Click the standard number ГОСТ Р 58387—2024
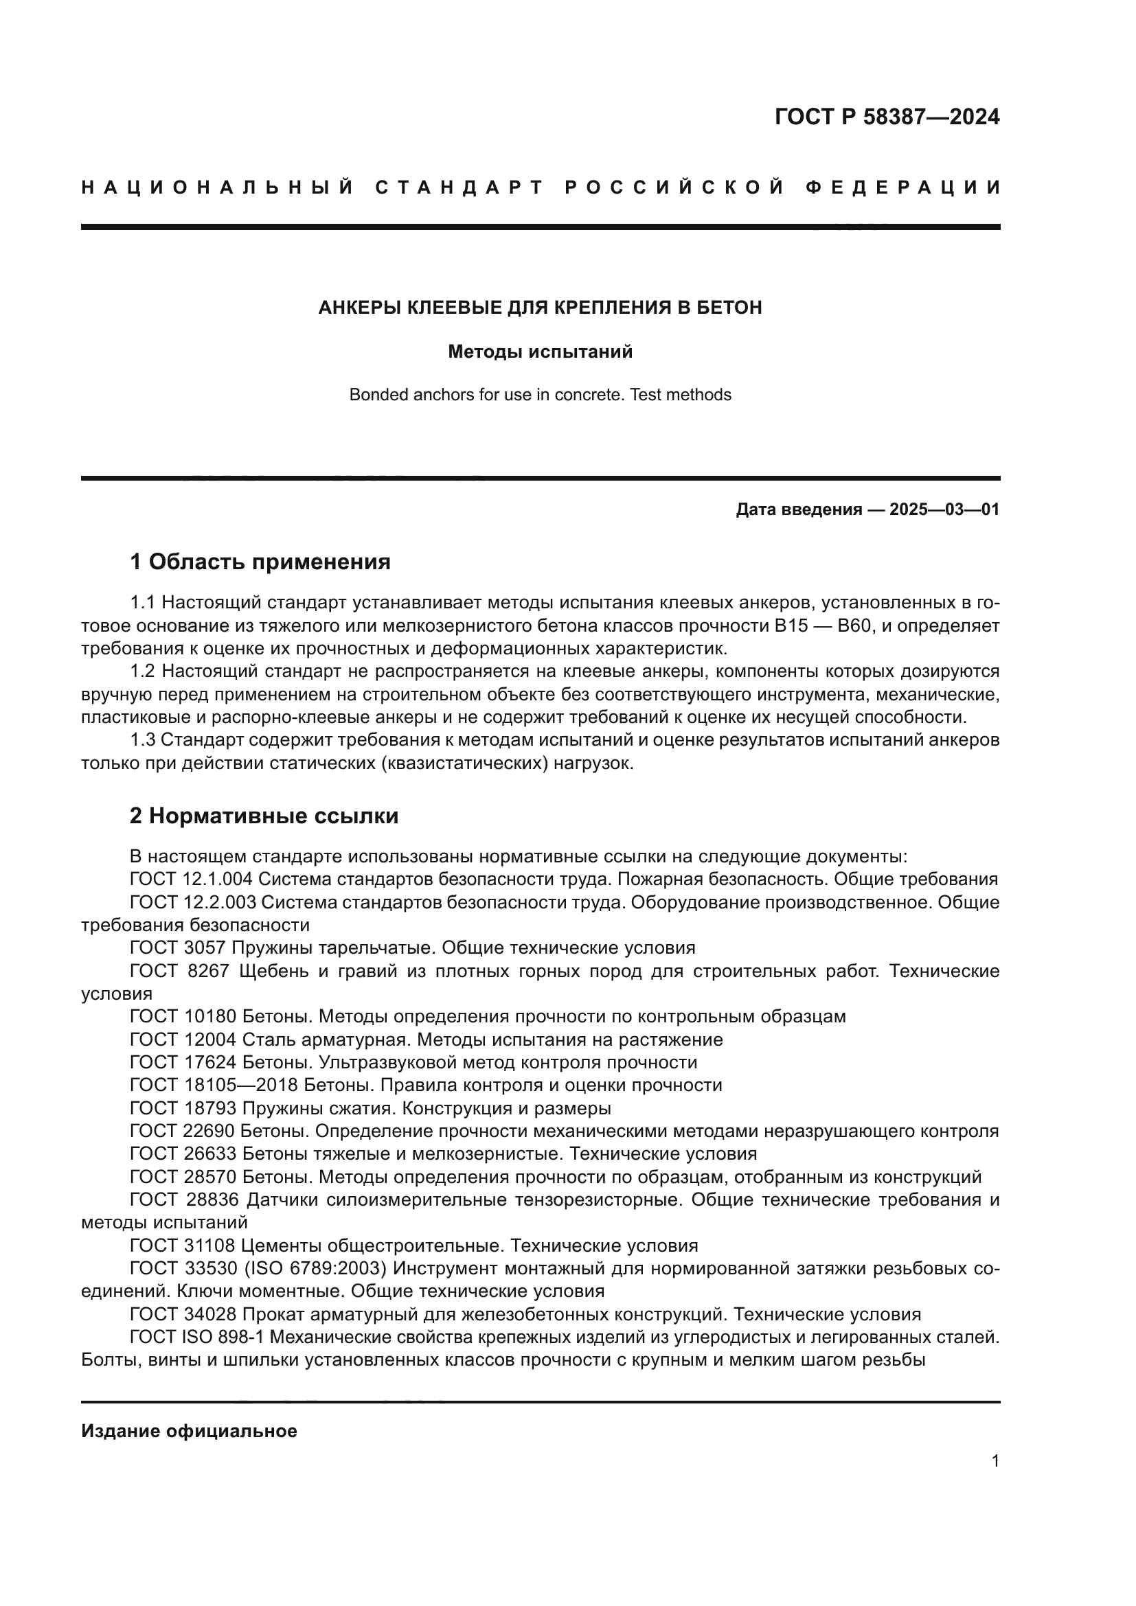(x=886, y=117)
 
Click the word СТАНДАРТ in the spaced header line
(x=459, y=187)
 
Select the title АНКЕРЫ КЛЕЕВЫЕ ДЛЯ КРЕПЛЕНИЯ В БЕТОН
(x=540, y=308)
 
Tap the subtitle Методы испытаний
(x=540, y=352)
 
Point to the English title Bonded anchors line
(x=540, y=395)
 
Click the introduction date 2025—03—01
(x=944, y=510)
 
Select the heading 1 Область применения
(x=260, y=562)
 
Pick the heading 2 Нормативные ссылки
(x=264, y=816)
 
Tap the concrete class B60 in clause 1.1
(x=853, y=626)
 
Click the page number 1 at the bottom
(x=995, y=1461)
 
